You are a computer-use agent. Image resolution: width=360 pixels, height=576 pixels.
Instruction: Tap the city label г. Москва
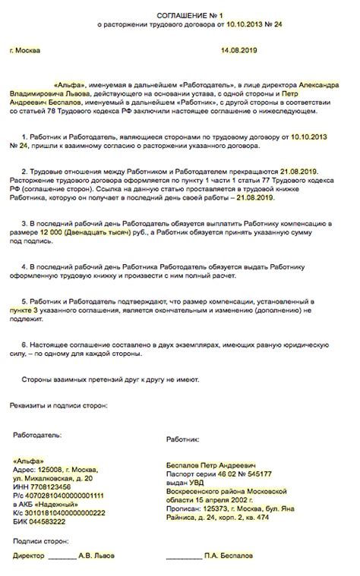26,50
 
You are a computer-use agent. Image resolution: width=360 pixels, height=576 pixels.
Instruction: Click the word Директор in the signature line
28,557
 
